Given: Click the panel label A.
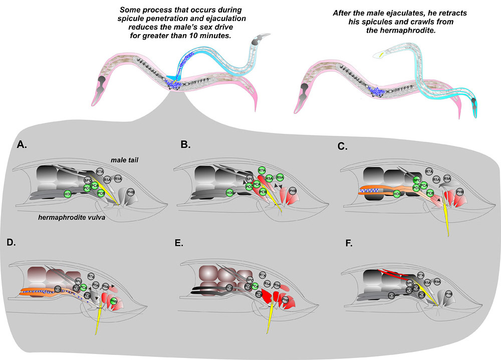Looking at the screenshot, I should (22, 145).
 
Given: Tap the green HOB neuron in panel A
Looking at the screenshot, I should (68, 194).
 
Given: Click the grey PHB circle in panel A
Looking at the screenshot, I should (131, 192).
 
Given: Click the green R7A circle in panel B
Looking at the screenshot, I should (262, 171).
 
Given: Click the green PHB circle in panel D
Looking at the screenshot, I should (114, 302).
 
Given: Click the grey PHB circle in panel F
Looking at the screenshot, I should (449, 294).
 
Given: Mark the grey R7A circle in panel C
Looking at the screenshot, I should (429, 171).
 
